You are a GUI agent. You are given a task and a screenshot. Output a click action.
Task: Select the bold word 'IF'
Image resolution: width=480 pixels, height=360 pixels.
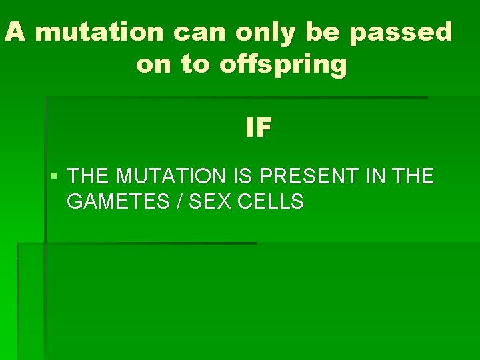pos(258,128)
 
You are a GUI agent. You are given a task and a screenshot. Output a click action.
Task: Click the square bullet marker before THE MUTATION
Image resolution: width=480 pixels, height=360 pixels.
pos(54,177)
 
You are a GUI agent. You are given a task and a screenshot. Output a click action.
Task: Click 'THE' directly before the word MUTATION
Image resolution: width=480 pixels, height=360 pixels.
pos(89,177)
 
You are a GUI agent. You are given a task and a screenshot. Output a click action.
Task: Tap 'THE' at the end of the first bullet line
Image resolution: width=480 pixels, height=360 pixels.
pos(413,177)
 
